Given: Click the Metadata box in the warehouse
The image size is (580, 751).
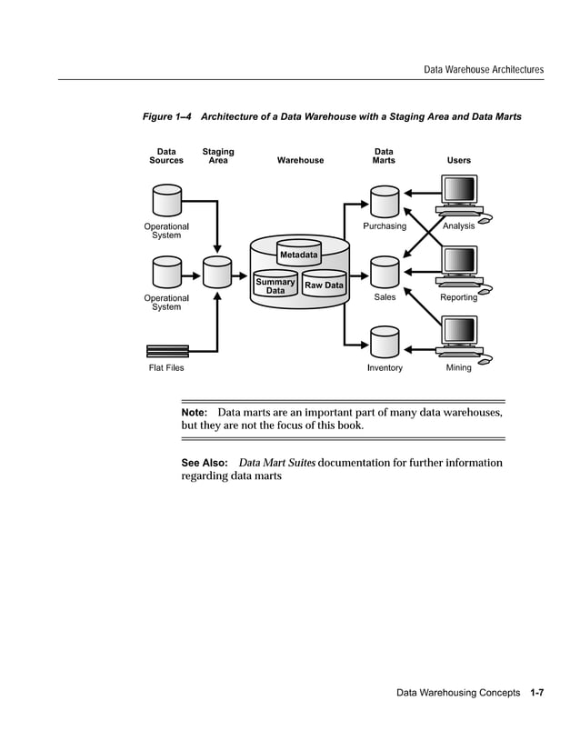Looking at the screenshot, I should point(299,255).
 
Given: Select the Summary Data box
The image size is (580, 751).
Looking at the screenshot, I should point(275,285).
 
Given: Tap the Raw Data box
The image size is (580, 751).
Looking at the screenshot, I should point(325,285).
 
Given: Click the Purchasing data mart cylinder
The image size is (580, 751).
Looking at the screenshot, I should point(385,201).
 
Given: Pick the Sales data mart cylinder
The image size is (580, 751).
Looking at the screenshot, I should point(385,272).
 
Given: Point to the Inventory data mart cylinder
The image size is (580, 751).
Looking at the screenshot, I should point(385,343).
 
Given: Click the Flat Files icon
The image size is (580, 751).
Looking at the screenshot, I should point(167,351).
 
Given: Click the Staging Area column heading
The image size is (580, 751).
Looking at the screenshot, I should point(218,156).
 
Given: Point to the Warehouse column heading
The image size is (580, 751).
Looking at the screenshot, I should point(300,161).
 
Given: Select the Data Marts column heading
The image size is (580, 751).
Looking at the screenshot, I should point(384,156).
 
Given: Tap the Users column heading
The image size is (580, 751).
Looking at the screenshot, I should point(459,161).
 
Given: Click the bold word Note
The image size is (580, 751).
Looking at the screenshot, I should point(195,413).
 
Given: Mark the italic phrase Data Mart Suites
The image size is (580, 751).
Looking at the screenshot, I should point(276,463).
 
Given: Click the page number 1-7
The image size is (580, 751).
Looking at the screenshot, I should point(536,694).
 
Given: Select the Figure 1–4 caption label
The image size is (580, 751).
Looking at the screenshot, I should point(166,117).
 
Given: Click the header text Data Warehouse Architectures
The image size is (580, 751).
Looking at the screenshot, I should point(485,69).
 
